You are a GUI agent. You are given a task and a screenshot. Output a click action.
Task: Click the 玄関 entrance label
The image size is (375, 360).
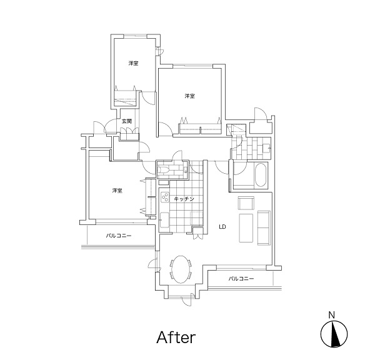tap(127, 121)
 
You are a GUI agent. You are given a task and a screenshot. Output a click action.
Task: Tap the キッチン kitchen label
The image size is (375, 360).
tap(184, 199)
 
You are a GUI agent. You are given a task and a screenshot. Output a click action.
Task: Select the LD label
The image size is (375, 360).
tap(222, 227)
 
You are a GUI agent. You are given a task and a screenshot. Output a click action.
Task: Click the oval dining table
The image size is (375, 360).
tap(181, 269)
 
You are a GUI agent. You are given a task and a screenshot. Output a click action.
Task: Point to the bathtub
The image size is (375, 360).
tap(261, 175)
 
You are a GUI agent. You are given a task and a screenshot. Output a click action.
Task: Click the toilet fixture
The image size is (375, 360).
tap(164, 170)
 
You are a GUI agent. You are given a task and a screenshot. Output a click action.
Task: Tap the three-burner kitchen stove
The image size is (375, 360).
tap(165, 197)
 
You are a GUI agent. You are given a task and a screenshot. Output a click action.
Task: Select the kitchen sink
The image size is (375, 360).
tap(164, 220)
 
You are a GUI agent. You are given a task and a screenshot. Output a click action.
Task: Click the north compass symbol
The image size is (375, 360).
tap(334, 334)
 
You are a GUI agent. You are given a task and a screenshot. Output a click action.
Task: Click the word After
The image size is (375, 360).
tap(176, 337)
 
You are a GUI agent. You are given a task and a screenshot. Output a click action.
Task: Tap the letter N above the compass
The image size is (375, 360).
tap(331, 315)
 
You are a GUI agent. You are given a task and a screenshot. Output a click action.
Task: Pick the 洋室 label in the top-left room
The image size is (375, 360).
tap(133, 63)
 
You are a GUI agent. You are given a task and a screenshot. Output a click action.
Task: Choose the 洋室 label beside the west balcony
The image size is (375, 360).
tap(117, 191)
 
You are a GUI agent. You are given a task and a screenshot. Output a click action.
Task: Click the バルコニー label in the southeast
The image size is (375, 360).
tap(241, 279)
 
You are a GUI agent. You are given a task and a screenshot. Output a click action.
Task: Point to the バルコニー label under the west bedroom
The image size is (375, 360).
tap(119, 236)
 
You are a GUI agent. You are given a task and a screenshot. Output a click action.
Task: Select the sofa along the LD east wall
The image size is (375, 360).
tap(264, 228)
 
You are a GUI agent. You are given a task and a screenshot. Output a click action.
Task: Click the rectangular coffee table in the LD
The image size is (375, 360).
tap(246, 228)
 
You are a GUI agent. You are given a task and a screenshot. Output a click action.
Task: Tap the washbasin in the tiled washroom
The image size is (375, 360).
tap(266, 147)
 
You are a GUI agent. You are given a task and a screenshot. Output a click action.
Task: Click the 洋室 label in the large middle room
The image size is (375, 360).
tap(189, 96)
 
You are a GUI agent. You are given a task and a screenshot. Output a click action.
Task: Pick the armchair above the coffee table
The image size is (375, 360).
tap(246, 203)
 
